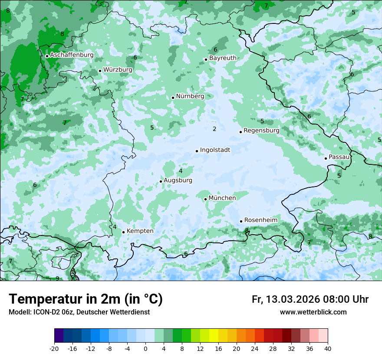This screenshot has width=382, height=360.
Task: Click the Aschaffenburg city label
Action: pyautogui.click(x=72, y=55)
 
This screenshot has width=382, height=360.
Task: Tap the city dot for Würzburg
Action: pyautogui.click(x=100, y=71)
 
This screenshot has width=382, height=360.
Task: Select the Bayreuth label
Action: pyautogui.click(x=223, y=58)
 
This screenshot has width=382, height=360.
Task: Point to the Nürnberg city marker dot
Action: pyautogui.click(x=173, y=98)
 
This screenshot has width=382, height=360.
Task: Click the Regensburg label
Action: pyautogui.click(x=261, y=131)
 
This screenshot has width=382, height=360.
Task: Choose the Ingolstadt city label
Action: pyautogui.click(x=215, y=150)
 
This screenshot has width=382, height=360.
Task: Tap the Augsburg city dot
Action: pyautogui.click(x=161, y=181)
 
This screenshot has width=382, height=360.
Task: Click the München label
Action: pyautogui.click(x=222, y=198)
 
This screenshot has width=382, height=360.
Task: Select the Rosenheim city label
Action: pyautogui.click(x=260, y=220)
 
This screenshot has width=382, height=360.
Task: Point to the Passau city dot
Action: pyautogui.click(x=326, y=158)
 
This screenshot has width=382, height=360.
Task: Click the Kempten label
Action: pyautogui.click(x=140, y=231)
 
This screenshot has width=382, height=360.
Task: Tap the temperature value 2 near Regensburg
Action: pyautogui.click(x=214, y=129)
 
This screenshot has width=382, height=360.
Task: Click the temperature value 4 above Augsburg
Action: pyautogui.click(x=181, y=171)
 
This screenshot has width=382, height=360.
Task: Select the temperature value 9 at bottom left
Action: pyautogui.click(x=57, y=278)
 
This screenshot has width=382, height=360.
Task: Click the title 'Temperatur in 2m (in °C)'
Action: pyautogui.click(x=86, y=299)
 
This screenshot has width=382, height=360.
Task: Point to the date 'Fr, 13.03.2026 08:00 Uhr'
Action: pyautogui.click(x=310, y=299)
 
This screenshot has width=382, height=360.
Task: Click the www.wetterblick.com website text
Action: pyautogui.click(x=313, y=312)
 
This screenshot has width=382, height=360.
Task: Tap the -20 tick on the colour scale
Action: pyautogui.click(x=54, y=349)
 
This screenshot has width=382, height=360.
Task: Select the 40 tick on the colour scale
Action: pyautogui.click(x=327, y=349)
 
